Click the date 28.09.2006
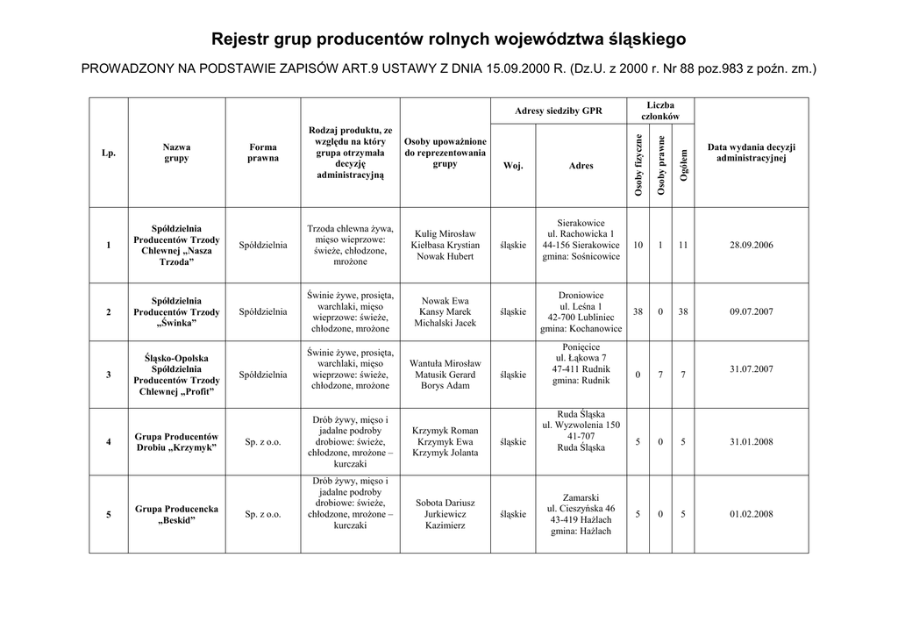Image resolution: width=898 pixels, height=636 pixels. coord(751,246)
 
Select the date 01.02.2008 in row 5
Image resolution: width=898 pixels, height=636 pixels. coord(751,515)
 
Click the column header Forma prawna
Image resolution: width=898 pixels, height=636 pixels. coord(262,153)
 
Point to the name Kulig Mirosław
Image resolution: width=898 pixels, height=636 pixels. coord(445,234)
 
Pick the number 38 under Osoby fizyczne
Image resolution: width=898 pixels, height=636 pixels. coord(638,312)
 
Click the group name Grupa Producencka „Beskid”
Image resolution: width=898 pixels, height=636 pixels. coord(176,515)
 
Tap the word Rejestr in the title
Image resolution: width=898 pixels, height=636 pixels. coord(242,39)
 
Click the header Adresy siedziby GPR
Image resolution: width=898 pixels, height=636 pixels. coord(559,111)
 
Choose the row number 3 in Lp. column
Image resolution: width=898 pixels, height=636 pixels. coord(109,375)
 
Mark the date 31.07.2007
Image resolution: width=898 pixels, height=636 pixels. coord(751,369)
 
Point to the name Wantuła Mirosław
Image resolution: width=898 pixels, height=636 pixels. coord(445,363)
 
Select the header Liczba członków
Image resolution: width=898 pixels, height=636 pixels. coord(660,111)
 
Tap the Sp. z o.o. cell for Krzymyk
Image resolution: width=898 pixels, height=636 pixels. coord(262,442)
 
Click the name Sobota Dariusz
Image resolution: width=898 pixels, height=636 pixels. coord(445,504)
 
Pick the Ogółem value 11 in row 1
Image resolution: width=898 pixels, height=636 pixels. coord(682,246)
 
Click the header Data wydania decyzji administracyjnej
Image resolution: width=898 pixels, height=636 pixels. coord(751,153)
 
